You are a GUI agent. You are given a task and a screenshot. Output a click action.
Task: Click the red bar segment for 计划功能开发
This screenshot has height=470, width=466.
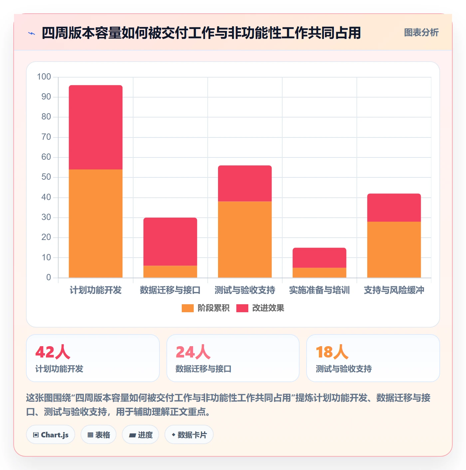pyautogui.click(x=96, y=127)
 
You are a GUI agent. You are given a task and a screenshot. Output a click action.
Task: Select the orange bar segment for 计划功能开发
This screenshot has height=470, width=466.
pyautogui.click(x=96, y=223)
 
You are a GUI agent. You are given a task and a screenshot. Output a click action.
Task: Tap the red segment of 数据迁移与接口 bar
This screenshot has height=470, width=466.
pyautogui.click(x=170, y=241)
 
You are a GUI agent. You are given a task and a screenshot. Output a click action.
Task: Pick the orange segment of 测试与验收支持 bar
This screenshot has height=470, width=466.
pyautogui.click(x=245, y=239)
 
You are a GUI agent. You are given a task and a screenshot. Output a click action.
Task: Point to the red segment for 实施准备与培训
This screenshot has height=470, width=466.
pyautogui.click(x=319, y=258)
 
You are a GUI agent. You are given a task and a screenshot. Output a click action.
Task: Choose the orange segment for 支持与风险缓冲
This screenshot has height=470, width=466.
pyautogui.click(x=394, y=249)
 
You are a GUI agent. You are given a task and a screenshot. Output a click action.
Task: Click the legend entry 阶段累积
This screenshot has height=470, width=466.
pyautogui.click(x=205, y=308)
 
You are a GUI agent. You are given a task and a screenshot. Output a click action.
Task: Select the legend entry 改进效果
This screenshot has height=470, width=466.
pyautogui.click(x=260, y=308)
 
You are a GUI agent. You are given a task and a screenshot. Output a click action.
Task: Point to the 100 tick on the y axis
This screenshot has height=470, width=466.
pyautogui.click(x=44, y=77)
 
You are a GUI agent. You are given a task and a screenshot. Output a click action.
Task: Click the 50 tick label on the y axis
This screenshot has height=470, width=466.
pyautogui.click(x=46, y=177)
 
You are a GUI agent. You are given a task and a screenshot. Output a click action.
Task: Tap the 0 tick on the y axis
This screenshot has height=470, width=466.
pyautogui.click(x=49, y=277)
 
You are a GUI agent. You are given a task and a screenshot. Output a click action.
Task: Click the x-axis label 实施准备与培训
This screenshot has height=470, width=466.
pyautogui.click(x=319, y=290)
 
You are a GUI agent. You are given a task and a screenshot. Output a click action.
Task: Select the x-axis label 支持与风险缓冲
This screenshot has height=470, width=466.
pyautogui.click(x=394, y=290)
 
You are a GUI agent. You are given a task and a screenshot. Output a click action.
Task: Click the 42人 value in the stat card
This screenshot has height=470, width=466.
pyautogui.click(x=53, y=352)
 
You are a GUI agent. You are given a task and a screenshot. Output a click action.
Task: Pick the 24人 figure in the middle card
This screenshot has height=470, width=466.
pyautogui.click(x=193, y=352)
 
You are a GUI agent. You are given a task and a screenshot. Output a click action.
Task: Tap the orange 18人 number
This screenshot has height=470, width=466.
pyautogui.click(x=332, y=352)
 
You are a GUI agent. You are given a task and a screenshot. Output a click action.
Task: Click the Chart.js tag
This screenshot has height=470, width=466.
pyautogui.click(x=51, y=435)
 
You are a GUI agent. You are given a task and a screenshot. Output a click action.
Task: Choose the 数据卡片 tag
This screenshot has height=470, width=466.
pyautogui.click(x=189, y=435)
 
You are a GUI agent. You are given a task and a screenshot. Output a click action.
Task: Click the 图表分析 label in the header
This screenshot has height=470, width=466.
pyautogui.click(x=421, y=32)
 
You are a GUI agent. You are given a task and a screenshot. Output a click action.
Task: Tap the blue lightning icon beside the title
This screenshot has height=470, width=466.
pyautogui.click(x=32, y=33)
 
